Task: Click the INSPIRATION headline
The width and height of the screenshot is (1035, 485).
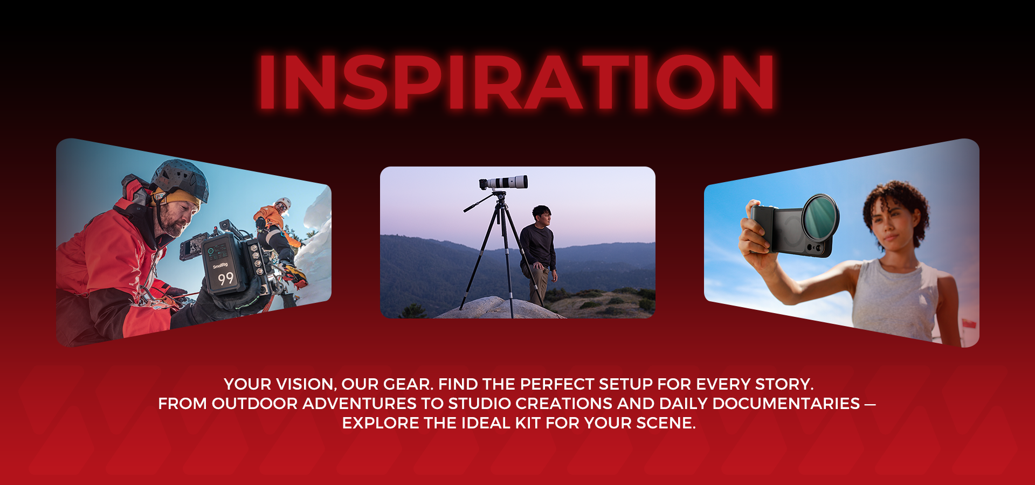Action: (x=516, y=82)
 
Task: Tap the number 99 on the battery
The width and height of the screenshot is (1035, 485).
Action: (x=225, y=279)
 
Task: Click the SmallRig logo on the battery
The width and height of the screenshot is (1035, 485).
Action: (x=220, y=265)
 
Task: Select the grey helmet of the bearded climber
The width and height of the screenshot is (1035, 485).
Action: (x=180, y=179)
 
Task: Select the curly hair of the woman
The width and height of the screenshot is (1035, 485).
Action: (x=896, y=205)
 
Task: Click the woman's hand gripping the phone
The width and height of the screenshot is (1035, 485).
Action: (x=756, y=232)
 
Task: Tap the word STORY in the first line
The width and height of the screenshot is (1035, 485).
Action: (x=784, y=384)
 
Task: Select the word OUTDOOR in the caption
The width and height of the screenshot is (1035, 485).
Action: (x=254, y=404)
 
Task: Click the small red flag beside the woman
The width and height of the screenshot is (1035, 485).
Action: (x=969, y=324)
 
